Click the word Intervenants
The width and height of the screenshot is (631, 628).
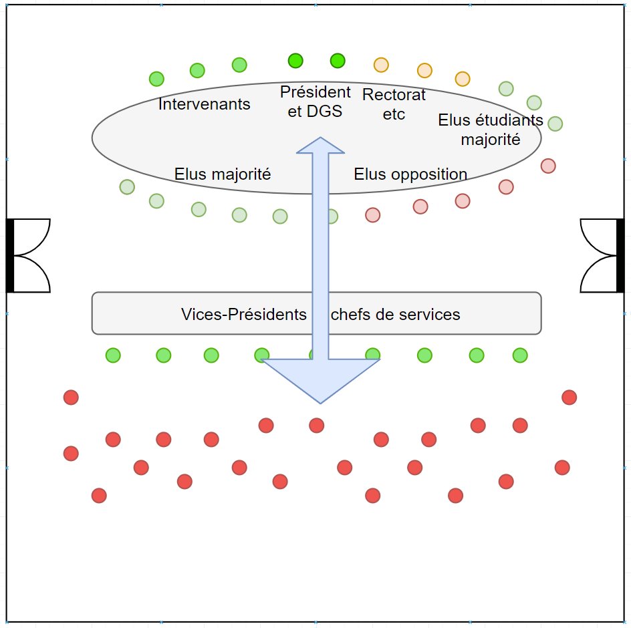click(205, 104)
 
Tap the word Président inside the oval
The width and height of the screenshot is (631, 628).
click(315, 92)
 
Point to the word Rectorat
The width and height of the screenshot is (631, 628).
click(394, 95)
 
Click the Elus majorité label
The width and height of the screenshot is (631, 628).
click(223, 174)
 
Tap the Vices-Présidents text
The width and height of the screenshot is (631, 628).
click(243, 314)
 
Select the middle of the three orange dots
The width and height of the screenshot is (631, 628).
click(424, 70)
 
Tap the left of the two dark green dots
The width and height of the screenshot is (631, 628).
click(295, 61)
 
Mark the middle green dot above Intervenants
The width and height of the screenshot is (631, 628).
click(197, 70)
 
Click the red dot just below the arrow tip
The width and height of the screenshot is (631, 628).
click(316, 425)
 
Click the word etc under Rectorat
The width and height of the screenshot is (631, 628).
click(394, 114)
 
